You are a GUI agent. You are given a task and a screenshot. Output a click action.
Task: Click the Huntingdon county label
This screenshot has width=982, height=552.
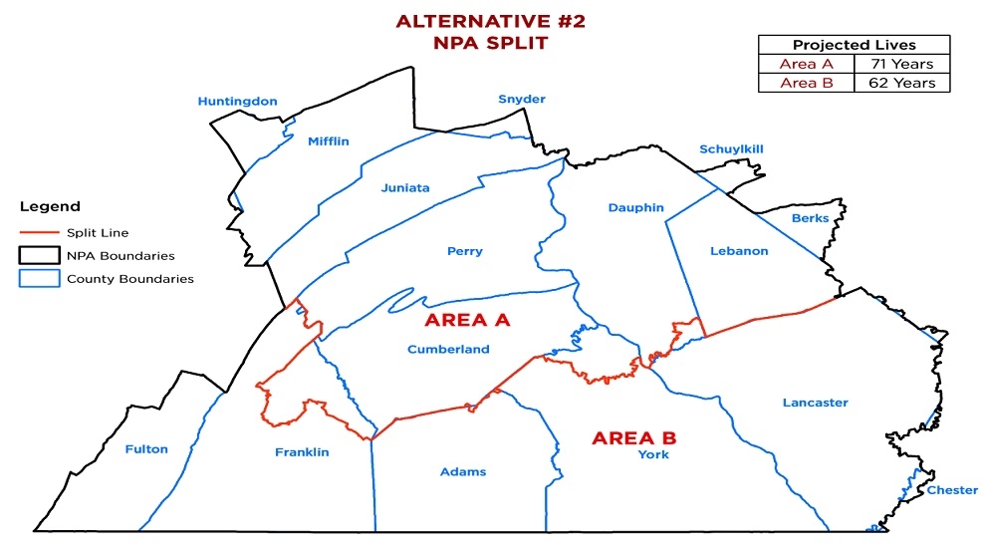tap(237, 102)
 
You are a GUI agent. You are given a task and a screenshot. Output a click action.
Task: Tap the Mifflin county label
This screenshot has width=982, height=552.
tap(328, 141)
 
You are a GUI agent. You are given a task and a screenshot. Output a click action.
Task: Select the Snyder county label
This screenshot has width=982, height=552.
tap(522, 99)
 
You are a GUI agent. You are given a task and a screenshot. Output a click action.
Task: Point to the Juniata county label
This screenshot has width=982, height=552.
tap(404, 187)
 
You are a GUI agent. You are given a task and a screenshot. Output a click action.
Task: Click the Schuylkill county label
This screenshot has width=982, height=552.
tap(731, 148)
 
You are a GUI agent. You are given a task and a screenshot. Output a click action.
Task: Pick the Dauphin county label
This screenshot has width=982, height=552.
tap(635, 207)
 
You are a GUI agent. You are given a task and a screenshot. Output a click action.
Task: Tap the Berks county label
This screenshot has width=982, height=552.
tap(810, 218)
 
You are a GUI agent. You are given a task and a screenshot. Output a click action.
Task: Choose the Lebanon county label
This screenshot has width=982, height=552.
tap(739, 251)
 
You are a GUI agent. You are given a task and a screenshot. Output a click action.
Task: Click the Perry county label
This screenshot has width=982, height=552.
tap(464, 251)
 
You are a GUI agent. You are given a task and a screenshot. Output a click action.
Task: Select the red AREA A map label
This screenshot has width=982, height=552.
tap(467, 320)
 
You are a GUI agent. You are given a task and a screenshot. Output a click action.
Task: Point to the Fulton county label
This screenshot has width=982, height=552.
tap(146, 448)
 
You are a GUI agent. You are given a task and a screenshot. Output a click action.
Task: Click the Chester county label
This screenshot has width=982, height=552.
tap(952, 490)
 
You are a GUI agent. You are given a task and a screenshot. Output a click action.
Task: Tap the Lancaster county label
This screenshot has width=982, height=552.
tap(815, 403)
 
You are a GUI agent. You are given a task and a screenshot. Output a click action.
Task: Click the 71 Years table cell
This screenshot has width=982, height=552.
tap(901, 65)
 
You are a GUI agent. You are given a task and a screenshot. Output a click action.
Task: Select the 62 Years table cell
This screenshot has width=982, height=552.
tap(901, 83)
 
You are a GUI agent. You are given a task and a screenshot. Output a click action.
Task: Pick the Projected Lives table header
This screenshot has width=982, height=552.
tap(854, 45)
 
